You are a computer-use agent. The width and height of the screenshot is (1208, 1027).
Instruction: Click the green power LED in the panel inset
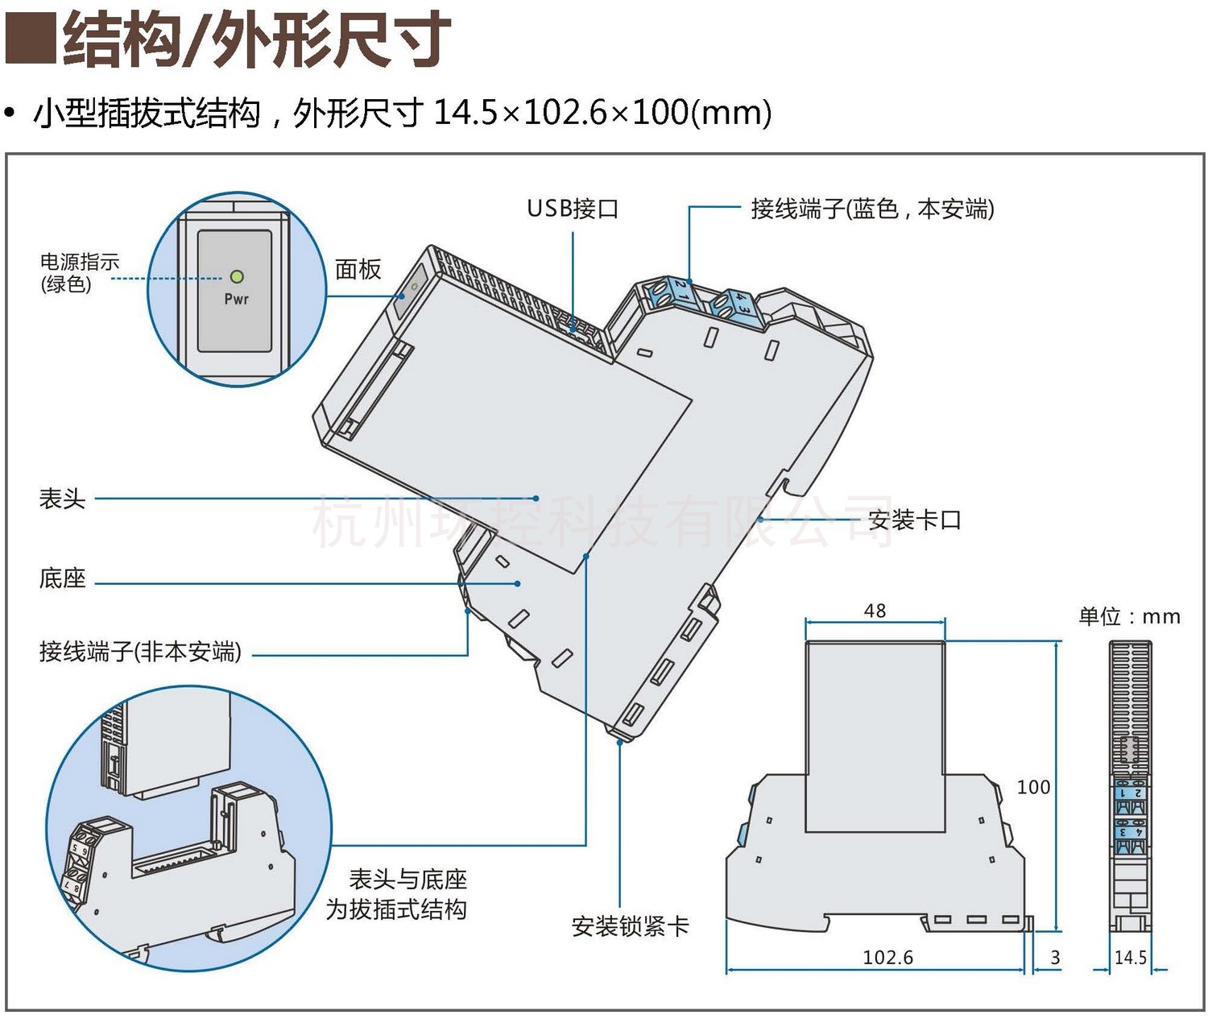(237, 277)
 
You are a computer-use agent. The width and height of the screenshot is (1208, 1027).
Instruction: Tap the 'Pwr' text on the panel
(236, 300)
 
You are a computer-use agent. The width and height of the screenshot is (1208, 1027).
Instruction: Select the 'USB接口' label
(573, 209)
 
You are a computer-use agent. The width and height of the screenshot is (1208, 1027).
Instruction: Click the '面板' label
(358, 270)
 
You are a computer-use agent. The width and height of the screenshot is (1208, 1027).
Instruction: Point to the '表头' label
(62, 499)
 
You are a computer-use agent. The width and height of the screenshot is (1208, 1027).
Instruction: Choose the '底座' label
(62, 578)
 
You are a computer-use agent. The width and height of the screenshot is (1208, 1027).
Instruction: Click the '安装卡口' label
(915, 520)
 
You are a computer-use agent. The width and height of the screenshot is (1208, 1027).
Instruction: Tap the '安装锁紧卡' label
(630, 927)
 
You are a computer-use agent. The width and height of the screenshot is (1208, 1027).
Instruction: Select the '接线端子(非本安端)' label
(140, 651)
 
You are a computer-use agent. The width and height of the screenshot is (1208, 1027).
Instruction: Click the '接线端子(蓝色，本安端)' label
(872, 209)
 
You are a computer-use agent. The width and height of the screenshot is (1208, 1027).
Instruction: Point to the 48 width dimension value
(875, 611)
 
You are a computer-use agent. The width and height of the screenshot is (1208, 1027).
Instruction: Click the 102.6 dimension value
(887, 957)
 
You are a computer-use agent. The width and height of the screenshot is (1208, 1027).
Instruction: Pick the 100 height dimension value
(1033, 787)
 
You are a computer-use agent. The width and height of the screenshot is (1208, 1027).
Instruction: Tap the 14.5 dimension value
(1130, 957)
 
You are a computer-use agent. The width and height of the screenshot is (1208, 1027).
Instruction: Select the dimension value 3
(1055, 957)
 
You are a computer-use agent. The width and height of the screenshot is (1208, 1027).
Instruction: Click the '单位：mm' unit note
(1129, 617)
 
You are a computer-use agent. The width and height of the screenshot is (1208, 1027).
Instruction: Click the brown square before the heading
(30, 38)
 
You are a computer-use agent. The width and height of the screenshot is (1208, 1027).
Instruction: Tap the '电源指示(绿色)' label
(79, 273)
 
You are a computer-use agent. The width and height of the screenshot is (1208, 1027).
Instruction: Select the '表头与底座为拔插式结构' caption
(398, 895)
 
